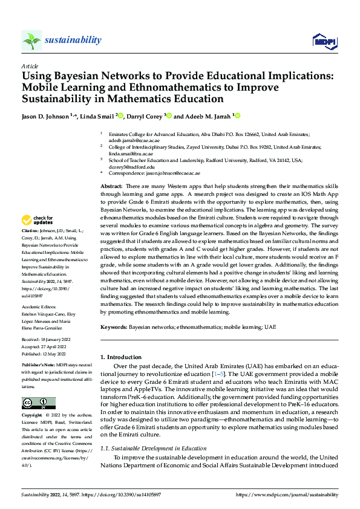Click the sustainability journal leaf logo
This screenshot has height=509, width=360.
[x=31, y=40]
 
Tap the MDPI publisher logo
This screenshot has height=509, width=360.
[x=324, y=41]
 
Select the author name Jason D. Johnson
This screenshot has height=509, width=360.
[x=45, y=116]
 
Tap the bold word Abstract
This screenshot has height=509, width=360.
[x=111, y=187]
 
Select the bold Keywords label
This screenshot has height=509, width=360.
[x=113, y=326]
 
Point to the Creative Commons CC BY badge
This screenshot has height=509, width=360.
[x=38, y=404]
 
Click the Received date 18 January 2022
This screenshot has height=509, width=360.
[x=47, y=340]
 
